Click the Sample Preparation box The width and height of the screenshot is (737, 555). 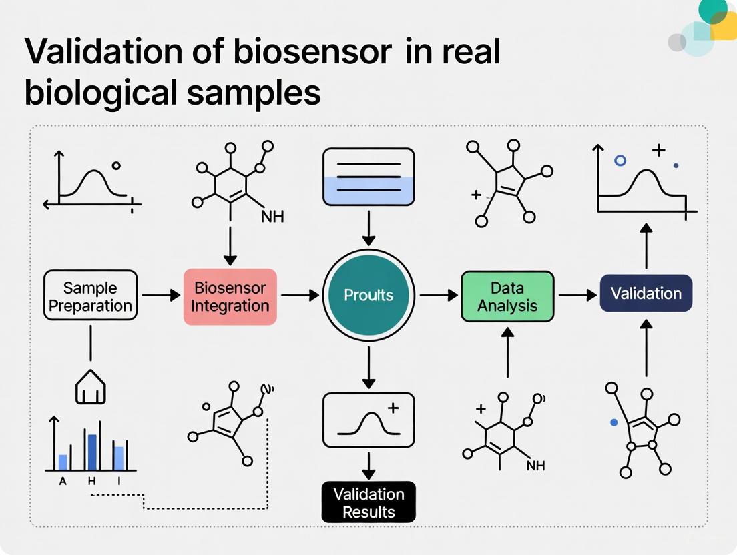[x=90, y=297]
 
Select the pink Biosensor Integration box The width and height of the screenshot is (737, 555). [x=230, y=297]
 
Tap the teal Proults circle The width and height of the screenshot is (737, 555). [x=368, y=295]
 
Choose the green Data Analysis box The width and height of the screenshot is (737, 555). [x=507, y=296]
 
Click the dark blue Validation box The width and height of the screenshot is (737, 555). [x=646, y=294]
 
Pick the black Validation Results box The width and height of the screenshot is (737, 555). [x=368, y=502]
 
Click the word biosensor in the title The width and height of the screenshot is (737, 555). [x=311, y=53]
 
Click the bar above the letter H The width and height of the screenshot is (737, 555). [x=92, y=452]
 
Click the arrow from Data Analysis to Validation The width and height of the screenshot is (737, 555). [x=577, y=294]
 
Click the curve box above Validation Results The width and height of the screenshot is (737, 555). [x=368, y=420]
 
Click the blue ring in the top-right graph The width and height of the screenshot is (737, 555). [x=620, y=160]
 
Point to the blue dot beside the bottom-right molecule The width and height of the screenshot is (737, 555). [x=614, y=423]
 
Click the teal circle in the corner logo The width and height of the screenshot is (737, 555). [x=712, y=9]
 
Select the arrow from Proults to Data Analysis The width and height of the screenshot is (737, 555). [x=437, y=294]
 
